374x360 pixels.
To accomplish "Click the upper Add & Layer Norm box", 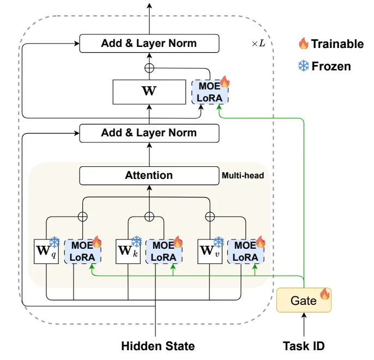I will [x=149, y=44].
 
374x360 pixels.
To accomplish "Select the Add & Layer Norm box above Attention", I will [x=149, y=133].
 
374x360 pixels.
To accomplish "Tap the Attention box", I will [x=149, y=176].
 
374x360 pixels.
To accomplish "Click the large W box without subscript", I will [x=149, y=91].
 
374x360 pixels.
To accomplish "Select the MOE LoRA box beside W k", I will [x=164, y=251].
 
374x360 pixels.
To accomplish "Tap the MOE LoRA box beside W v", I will [x=245, y=251].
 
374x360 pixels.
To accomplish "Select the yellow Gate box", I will [x=304, y=300].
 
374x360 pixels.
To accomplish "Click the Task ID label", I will [x=304, y=345].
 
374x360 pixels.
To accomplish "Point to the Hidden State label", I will [x=158, y=346].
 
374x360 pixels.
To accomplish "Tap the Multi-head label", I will [x=243, y=176].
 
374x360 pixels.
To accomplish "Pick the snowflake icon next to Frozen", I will [x=303, y=66].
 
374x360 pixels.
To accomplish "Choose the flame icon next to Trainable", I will [x=303, y=43].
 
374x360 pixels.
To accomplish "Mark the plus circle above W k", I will [x=149, y=216].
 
